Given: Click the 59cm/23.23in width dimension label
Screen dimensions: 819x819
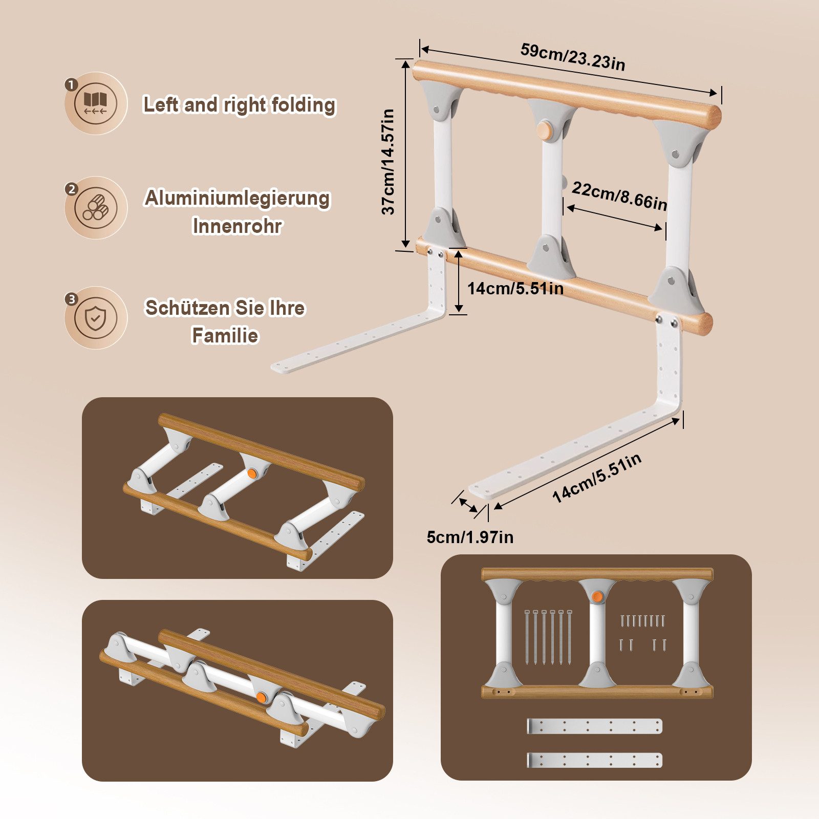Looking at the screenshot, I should click(x=573, y=57).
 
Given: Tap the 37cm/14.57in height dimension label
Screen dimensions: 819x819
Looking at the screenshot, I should click(x=389, y=161).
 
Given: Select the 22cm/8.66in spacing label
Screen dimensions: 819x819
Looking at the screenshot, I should click(x=619, y=196).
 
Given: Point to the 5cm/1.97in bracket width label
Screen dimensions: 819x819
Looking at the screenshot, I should click(x=470, y=537).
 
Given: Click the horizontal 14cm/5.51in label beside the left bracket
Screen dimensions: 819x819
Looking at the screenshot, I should click(x=515, y=288).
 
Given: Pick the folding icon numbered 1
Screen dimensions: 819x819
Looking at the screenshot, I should click(x=96, y=103).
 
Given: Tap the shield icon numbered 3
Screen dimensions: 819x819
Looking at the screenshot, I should click(x=96, y=318).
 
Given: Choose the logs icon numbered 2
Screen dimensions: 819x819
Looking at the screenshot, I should click(x=96, y=208).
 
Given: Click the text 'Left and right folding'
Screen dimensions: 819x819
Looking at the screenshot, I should click(x=239, y=104).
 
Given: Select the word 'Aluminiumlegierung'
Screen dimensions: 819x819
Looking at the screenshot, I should click(x=238, y=198).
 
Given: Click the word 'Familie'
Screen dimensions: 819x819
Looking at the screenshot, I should click(x=225, y=336).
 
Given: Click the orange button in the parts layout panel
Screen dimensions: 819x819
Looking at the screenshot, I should click(x=596, y=596).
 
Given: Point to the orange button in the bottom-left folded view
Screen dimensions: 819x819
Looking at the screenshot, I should click(x=261, y=697).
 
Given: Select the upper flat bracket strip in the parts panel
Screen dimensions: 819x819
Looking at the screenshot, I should click(x=594, y=726).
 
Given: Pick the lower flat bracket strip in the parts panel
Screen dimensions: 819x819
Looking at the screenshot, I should click(x=594, y=760).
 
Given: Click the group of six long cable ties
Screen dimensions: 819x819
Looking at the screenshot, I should click(x=544, y=637).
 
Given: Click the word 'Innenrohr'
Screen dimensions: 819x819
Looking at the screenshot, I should click(x=237, y=226).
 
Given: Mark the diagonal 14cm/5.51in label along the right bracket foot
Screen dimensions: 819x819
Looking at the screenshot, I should click(x=597, y=478).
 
